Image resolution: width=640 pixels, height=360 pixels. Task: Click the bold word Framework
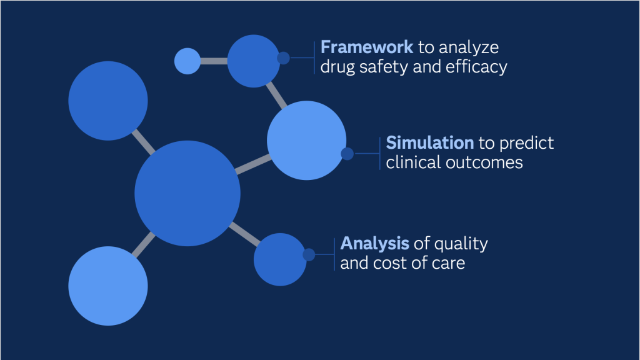pos(366,47)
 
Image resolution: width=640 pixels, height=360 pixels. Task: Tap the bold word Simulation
pos(430,143)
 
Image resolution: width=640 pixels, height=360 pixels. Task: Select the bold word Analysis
pos(375,244)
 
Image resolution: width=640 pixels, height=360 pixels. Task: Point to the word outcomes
pos(484,163)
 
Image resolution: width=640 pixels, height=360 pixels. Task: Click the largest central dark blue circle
pos(187,194)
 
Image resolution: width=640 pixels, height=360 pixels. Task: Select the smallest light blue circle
pos(187,61)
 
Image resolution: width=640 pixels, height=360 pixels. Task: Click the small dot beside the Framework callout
pos(283,58)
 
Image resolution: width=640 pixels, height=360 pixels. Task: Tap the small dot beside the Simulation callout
pos(347,154)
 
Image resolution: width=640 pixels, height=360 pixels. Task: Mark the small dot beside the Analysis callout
pos(309,255)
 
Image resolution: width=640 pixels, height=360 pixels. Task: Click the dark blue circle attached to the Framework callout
pos(254,61)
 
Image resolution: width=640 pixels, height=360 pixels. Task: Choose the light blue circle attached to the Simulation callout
pos(306,141)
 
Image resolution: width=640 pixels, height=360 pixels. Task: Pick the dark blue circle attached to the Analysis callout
pos(280,259)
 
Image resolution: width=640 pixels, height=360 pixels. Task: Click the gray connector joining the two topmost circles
pos(214,61)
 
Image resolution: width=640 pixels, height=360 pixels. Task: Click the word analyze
pos(469,48)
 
